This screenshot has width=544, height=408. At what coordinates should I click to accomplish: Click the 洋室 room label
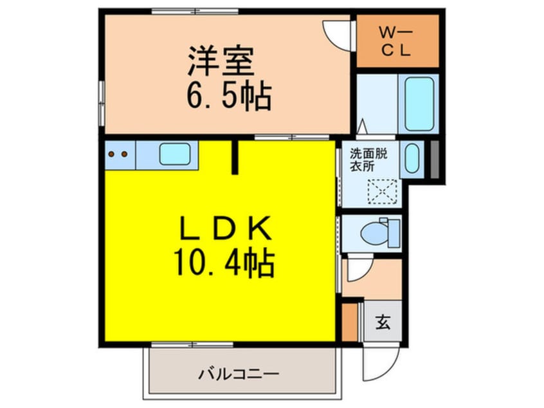click(218, 61)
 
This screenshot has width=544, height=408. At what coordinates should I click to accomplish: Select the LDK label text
click(219, 230)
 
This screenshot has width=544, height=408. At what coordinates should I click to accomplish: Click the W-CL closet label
click(396, 41)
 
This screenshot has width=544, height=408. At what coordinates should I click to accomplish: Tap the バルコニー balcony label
click(239, 373)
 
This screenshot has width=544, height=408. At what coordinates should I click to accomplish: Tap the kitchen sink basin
click(174, 154)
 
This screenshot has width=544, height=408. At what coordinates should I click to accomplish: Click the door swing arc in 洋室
click(336, 32)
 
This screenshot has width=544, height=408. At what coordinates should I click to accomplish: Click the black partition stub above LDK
click(235, 157)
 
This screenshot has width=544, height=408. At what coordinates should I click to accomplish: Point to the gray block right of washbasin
click(435, 159)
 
